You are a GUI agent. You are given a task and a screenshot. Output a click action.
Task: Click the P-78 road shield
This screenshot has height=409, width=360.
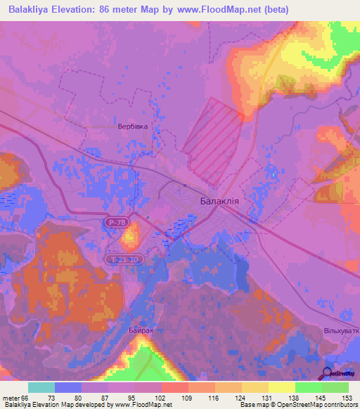(119, 222)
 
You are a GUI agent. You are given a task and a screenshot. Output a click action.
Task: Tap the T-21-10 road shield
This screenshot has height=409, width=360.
(126, 259)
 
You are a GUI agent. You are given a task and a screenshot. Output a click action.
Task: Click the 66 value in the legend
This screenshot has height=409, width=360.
(26, 397)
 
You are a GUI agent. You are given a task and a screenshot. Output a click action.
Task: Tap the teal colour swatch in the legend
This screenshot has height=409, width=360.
(41, 387)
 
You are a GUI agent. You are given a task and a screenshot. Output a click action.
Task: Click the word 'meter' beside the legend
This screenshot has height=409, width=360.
(11, 397)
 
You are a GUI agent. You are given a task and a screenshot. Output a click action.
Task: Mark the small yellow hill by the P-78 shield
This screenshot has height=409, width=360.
(129, 236)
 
